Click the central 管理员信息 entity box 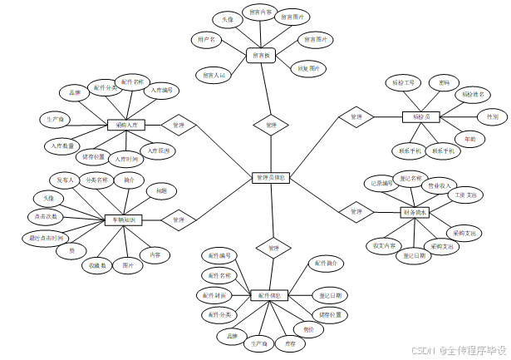pos(271,177)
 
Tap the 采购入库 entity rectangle pos(127,126)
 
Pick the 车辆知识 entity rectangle pos(124,220)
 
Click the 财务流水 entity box pos(418,212)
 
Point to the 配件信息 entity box pos(270,295)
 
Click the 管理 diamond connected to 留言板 pos(272,126)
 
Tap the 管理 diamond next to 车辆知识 pos(178,220)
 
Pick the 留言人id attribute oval pos(211,75)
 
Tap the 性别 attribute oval pos(493,117)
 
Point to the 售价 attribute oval pos(308,330)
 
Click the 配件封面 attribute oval pos(214,295)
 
